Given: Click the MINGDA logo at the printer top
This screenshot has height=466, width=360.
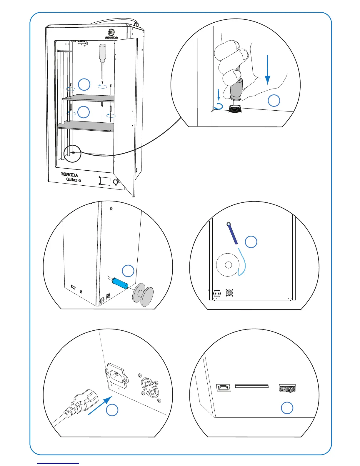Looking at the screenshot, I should (x=111, y=33).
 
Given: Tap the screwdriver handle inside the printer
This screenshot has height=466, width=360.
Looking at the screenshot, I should (x=102, y=51).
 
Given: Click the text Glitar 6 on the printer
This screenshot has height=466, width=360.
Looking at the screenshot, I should (x=74, y=180).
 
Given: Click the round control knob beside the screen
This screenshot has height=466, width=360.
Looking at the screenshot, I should (x=116, y=182).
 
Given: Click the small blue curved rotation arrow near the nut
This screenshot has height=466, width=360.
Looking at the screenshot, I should (x=219, y=106).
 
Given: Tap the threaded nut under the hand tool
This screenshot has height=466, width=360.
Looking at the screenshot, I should (x=235, y=109).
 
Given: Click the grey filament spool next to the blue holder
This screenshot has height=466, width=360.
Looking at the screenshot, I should (x=144, y=294).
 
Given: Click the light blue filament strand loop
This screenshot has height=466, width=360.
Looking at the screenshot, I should (x=243, y=262).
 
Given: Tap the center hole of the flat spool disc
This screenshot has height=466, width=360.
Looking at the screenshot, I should (x=228, y=265).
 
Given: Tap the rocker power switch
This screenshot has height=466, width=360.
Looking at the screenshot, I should (x=287, y=389).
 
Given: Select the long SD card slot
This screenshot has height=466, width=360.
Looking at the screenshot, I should (x=252, y=386).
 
